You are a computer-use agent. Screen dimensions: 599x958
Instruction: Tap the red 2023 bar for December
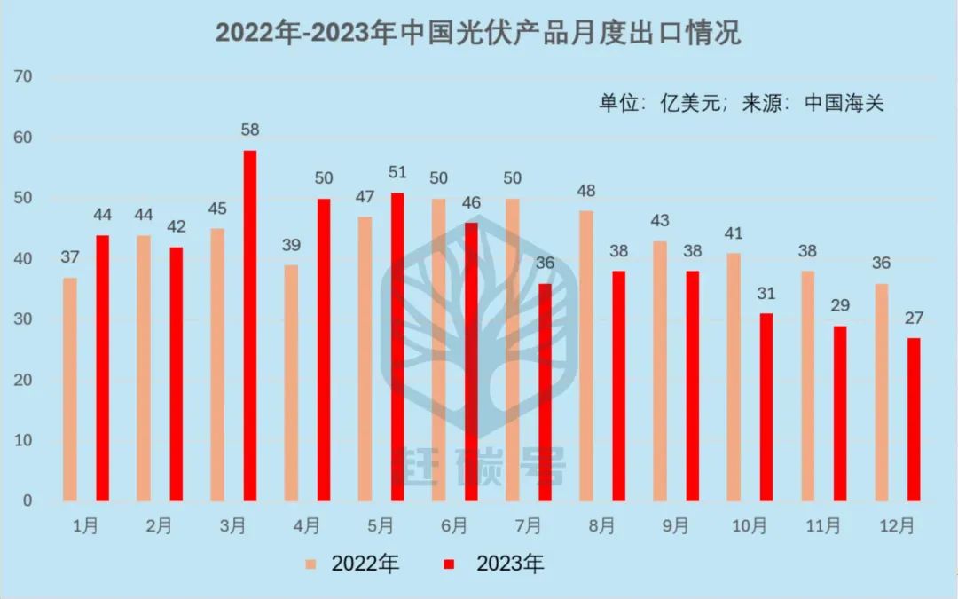[914, 419]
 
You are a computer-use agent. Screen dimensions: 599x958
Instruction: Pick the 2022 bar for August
[586, 356]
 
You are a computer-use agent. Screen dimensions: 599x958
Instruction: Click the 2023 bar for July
[545, 392]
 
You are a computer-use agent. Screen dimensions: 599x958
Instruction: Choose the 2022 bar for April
[292, 382]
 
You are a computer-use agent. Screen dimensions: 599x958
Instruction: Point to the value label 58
[250, 130]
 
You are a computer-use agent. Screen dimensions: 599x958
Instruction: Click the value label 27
[914, 318]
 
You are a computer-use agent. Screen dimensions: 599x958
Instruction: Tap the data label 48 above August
[586, 191]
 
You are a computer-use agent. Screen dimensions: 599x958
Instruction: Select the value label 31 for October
[766, 294]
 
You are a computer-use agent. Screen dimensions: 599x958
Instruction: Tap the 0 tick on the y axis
[27, 501]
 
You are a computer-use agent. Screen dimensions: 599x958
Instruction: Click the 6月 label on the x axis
[454, 526]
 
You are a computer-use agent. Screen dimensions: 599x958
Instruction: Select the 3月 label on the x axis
[232, 526]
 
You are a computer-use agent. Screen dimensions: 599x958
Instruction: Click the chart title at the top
[479, 33]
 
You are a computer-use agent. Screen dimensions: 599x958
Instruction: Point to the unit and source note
[742, 102]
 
